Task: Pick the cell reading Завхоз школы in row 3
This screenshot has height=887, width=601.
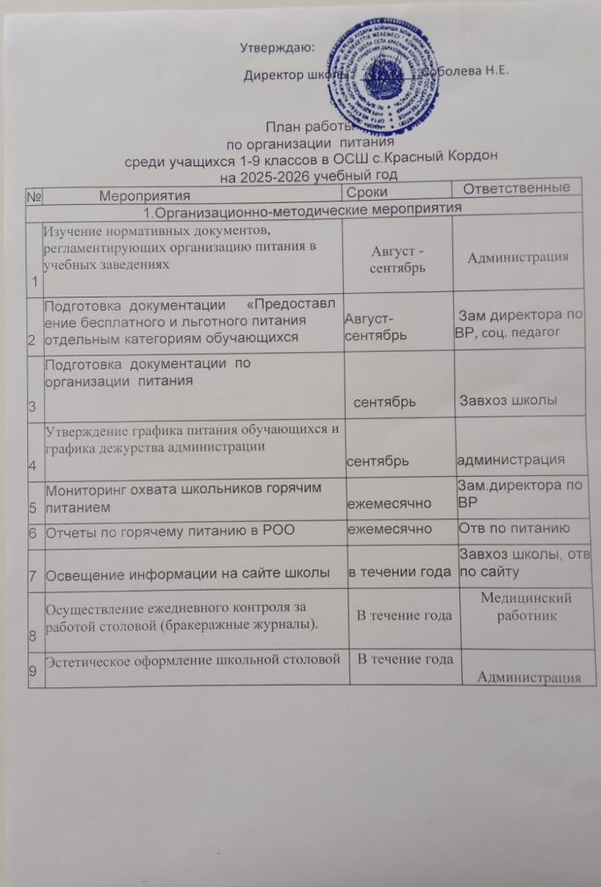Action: tap(508, 401)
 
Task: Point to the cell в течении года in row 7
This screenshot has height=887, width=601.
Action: tap(399, 573)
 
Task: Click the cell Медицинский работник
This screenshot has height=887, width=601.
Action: tap(526, 606)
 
